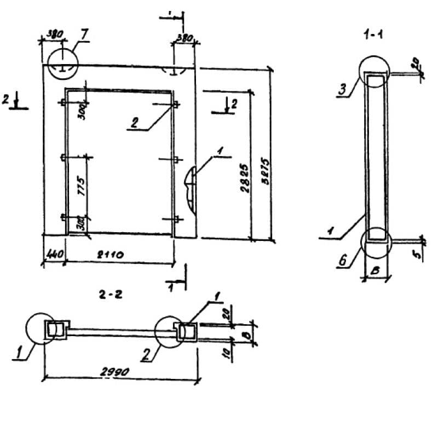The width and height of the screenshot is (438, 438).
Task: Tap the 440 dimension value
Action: tap(53, 255)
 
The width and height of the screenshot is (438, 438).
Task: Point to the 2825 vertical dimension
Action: tap(245, 178)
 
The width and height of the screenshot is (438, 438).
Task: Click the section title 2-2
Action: tap(110, 295)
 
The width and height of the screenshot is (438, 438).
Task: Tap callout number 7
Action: tap(84, 34)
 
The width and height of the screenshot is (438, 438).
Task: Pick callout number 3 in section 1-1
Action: tap(342, 89)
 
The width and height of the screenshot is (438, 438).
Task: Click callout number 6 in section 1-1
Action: tap(342, 261)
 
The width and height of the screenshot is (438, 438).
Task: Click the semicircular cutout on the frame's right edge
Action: tap(189, 186)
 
